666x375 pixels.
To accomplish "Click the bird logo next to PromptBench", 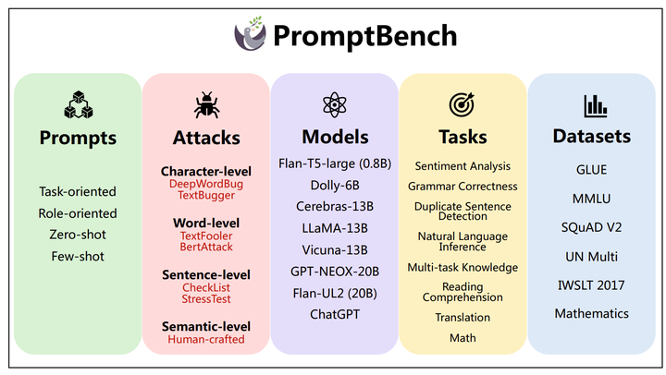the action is (x=251, y=33).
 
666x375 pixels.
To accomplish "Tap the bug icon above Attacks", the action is (x=207, y=104).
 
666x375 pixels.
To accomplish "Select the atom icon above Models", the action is (x=335, y=104).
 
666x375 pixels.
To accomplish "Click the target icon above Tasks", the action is (x=462, y=104).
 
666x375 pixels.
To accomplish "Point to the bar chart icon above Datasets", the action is (x=596, y=105).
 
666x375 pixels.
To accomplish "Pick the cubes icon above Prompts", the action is (x=79, y=104).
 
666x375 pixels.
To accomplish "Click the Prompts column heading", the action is (x=78, y=138).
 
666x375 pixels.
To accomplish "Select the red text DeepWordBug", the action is (x=206, y=184).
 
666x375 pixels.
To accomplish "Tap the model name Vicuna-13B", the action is (x=335, y=250).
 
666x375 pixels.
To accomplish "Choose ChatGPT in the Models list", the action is (x=335, y=314).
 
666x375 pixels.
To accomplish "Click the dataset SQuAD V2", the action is (x=591, y=227).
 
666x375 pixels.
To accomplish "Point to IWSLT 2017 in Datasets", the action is (x=591, y=285).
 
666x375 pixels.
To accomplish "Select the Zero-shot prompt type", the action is (x=78, y=235).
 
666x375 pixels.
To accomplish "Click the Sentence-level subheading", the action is (x=206, y=275).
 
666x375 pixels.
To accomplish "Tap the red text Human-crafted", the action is (x=206, y=339).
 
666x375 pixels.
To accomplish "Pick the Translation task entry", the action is (x=462, y=318).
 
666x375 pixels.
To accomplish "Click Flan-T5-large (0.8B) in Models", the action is (x=335, y=163).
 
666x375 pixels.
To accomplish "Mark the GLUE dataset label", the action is (x=591, y=170).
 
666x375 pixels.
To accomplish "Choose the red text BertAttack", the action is (x=206, y=247).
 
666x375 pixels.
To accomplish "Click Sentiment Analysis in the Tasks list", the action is (x=462, y=166).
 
